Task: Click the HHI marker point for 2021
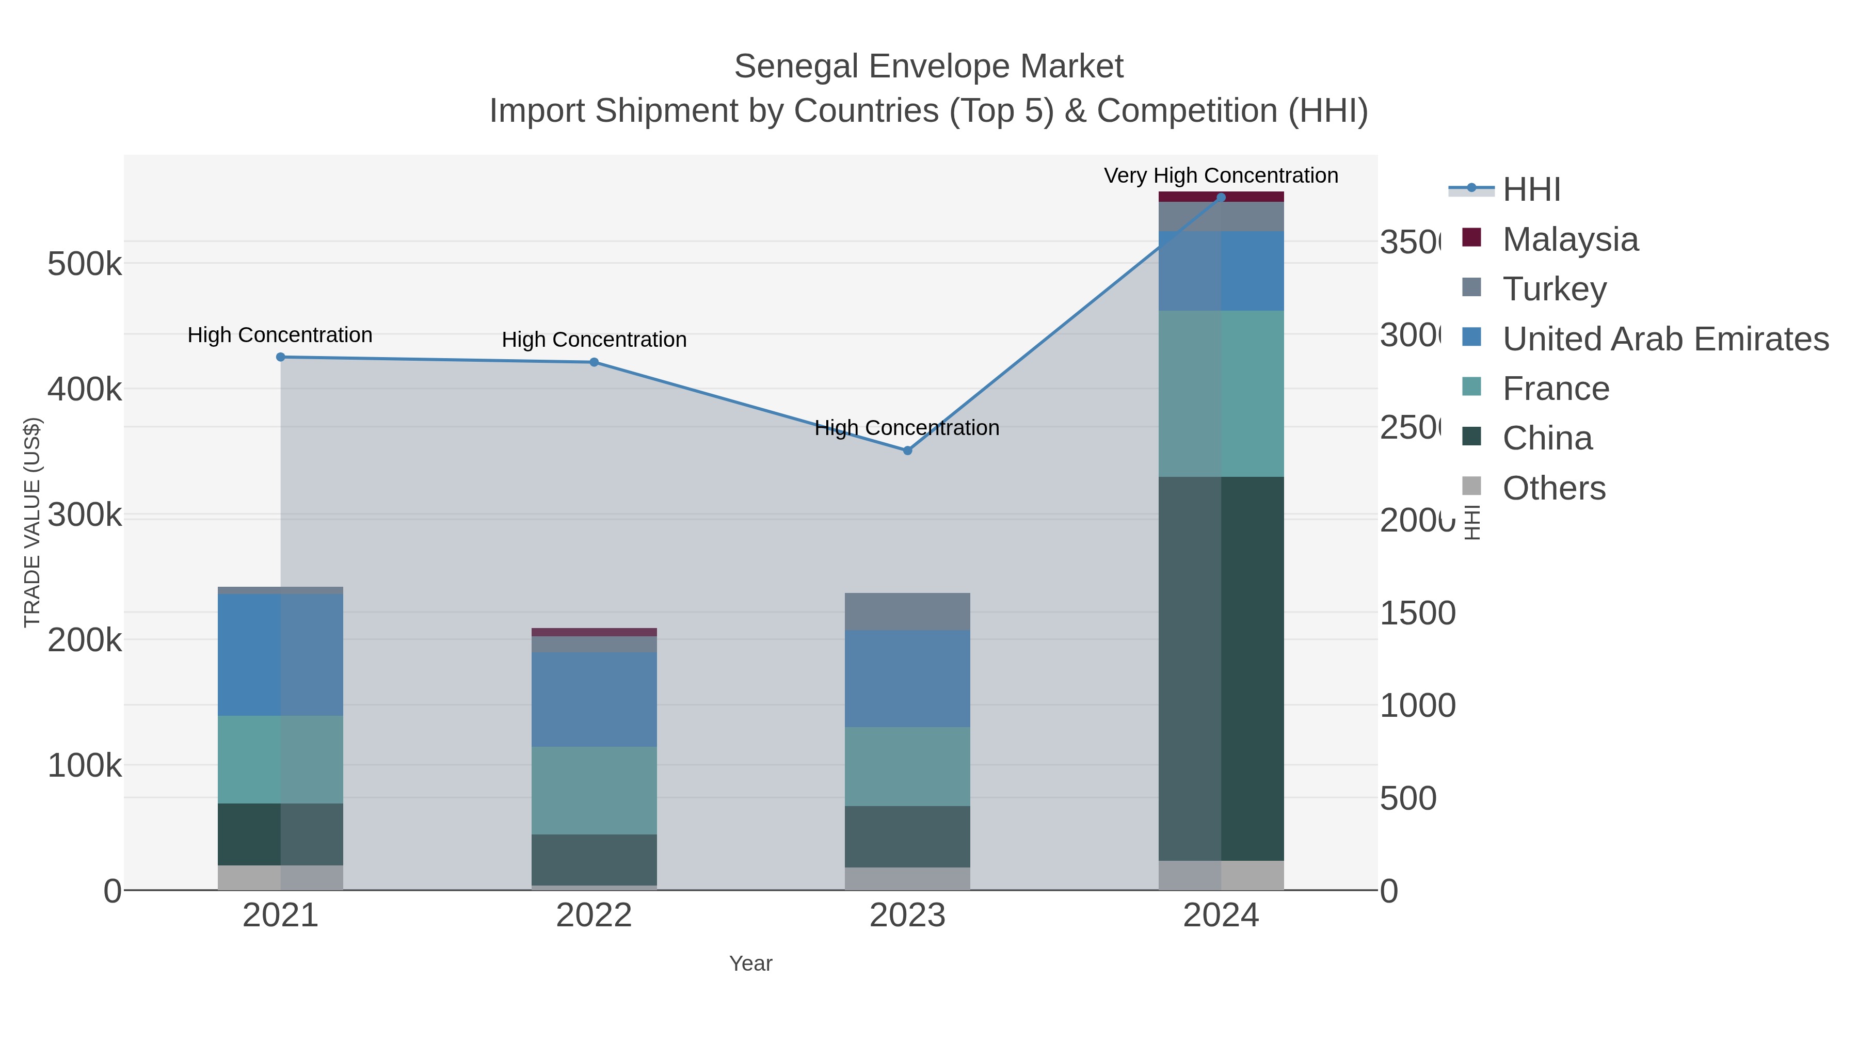(x=281, y=357)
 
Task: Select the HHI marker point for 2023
(x=907, y=451)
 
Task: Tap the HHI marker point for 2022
(x=595, y=362)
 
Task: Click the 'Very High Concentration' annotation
(x=1221, y=176)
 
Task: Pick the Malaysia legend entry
(x=1569, y=239)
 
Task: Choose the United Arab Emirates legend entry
(x=1664, y=339)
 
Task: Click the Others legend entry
(x=1553, y=488)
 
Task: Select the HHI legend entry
(x=1531, y=190)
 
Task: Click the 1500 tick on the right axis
(x=1417, y=614)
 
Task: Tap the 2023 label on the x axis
(x=907, y=916)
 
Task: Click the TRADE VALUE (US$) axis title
(x=33, y=522)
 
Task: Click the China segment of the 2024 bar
(x=1221, y=668)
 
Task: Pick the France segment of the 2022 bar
(x=595, y=791)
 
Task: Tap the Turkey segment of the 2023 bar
(x=907, y=612)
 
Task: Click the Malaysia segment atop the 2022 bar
(x=595, y=632)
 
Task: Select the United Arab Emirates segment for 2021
(x=281, y=655)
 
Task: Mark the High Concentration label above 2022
(x=595, y=340)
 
